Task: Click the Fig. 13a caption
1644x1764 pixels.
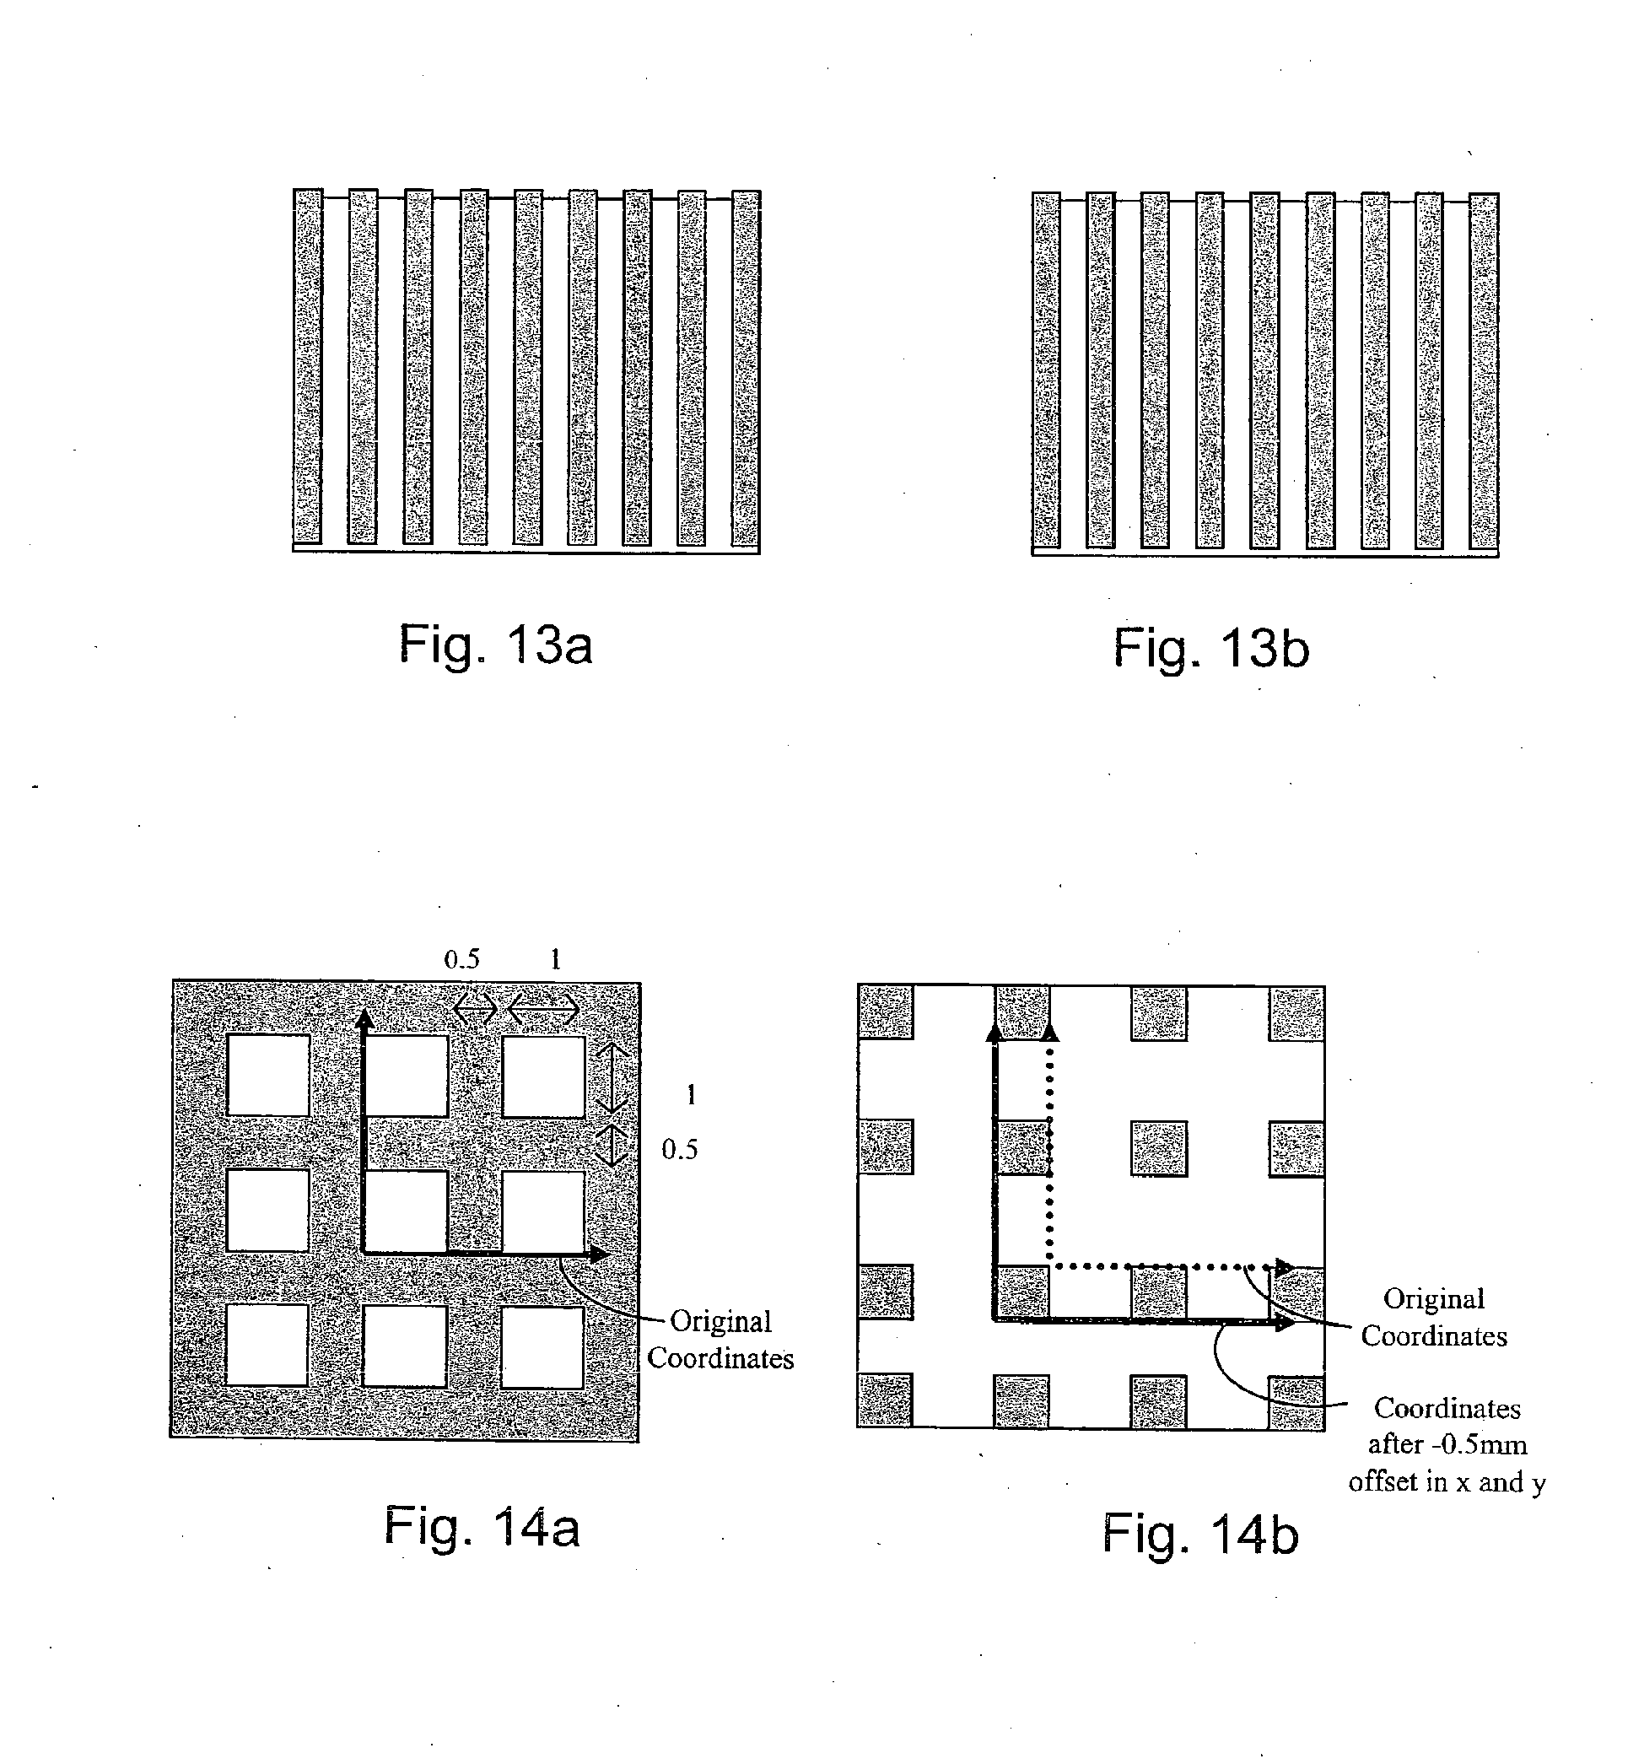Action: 495,645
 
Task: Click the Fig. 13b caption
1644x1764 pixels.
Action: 1211,649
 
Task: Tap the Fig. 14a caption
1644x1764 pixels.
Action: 482,1528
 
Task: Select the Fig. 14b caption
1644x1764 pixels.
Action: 1200,1535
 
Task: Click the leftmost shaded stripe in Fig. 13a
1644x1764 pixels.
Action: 307,366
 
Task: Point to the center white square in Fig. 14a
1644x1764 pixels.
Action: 407,1211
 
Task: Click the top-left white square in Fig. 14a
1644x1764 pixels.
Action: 268,1075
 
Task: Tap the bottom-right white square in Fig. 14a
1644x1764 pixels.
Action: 542,1347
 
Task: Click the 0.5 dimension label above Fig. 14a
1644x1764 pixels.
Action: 461,959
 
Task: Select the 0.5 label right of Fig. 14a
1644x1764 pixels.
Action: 680,1150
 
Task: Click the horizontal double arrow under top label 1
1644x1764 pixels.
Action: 544,1009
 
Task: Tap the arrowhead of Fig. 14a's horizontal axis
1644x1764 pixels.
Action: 600,1254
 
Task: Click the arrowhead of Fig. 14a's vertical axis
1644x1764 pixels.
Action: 364,1018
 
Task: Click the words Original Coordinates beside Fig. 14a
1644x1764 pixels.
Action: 720,1340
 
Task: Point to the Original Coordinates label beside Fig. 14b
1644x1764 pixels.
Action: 1434,1317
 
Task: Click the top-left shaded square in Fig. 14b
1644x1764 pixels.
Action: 886,1011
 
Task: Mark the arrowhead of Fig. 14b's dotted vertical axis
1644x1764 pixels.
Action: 1049,1032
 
